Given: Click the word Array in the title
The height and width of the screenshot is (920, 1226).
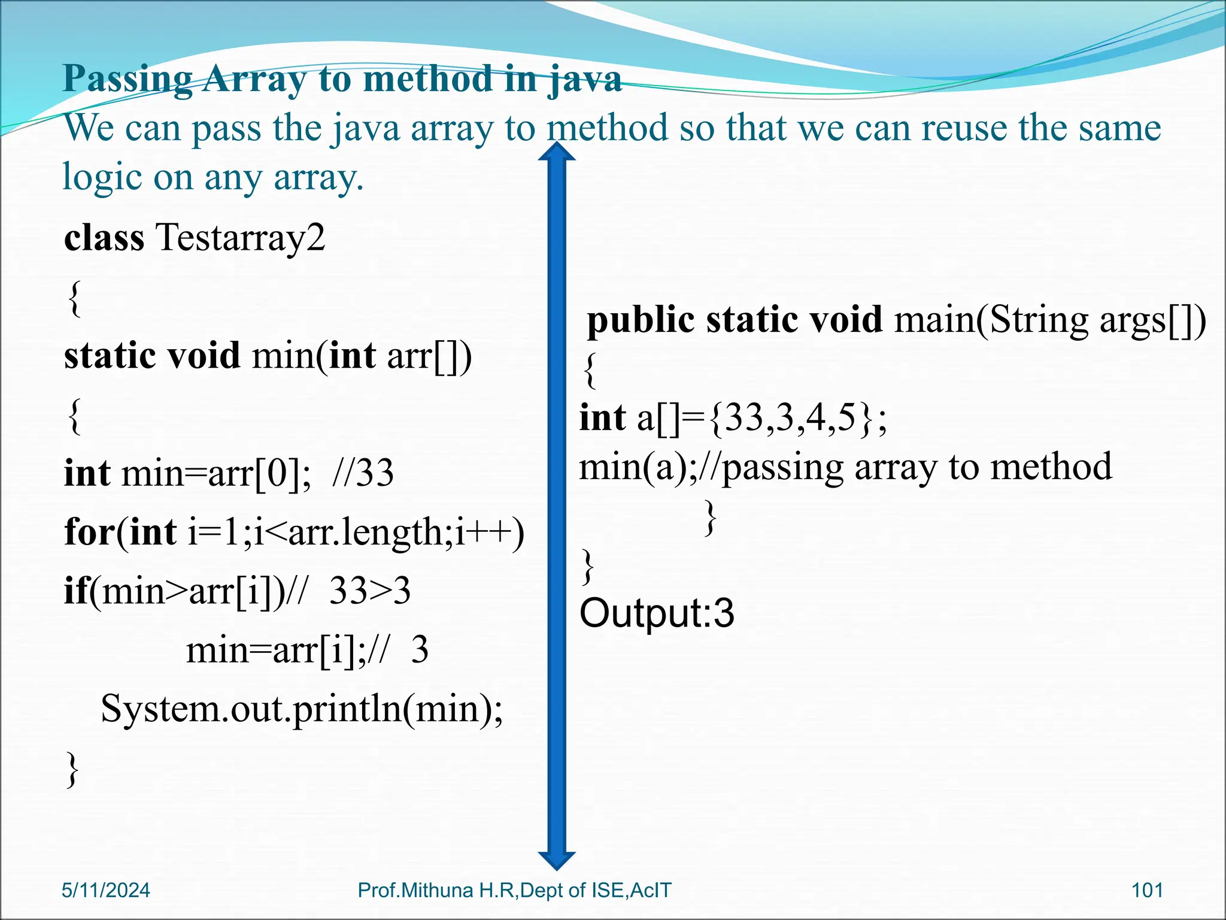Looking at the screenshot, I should click(254, 80).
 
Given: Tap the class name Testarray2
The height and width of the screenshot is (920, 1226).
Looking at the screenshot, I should click(240, 238).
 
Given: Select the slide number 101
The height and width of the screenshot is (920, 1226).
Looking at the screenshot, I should click(1147, 890).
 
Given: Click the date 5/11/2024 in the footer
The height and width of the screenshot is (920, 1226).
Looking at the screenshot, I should click(106, 890).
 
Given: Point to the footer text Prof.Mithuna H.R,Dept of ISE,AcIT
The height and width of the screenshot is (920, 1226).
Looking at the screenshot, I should click(514, 890).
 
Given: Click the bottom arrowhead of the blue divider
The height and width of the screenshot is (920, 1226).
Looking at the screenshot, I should click(557, 860).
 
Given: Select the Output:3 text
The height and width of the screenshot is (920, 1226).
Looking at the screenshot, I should click(657, 613).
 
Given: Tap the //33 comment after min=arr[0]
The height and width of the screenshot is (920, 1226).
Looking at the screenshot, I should click(363, 473).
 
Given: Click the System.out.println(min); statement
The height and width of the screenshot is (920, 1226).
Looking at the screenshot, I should click(302, 709).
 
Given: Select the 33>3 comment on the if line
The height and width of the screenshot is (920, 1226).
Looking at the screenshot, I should click(370, 591).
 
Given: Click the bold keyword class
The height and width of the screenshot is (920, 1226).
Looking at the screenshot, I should click(104, 238).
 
